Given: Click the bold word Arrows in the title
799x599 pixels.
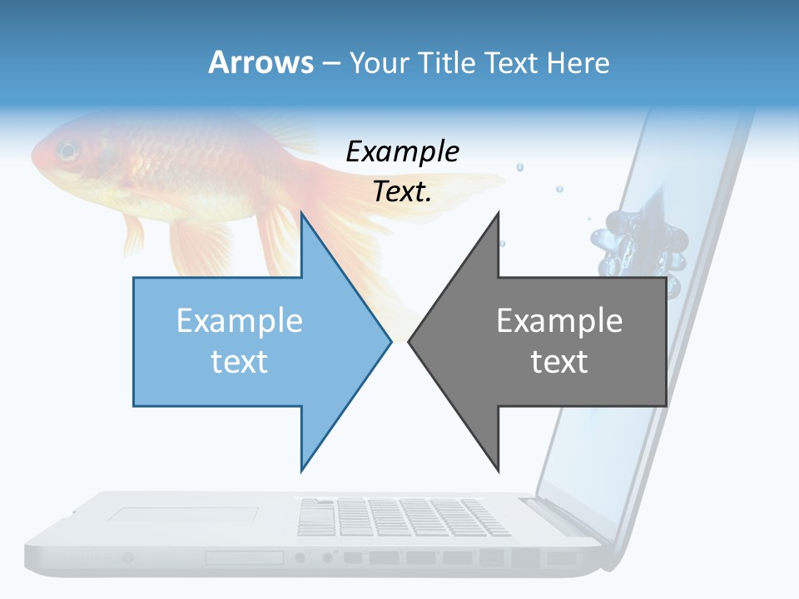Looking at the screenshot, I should [x=261, y=62].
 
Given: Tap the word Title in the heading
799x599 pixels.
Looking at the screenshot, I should [x=446, y=62].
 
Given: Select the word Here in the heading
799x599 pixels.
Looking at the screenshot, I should [x=578, y=62].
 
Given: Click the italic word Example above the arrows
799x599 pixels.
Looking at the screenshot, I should [x=402, y=152].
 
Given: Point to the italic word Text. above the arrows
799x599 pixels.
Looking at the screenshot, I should [x=402, y=192].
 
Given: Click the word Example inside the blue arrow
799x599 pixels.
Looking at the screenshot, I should [x=240, y=321].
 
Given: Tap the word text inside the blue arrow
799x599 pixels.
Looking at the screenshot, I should [x=240, y=362].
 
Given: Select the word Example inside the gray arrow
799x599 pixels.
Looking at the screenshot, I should [x=559, y=321].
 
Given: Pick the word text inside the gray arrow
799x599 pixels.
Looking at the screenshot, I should [x=559, y=362].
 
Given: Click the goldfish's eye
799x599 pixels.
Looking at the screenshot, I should [x=67, y=151].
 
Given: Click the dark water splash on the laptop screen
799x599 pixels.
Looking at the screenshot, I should [x=637, y=241].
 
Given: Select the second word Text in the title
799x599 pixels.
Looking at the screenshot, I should [x=512, y=62].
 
